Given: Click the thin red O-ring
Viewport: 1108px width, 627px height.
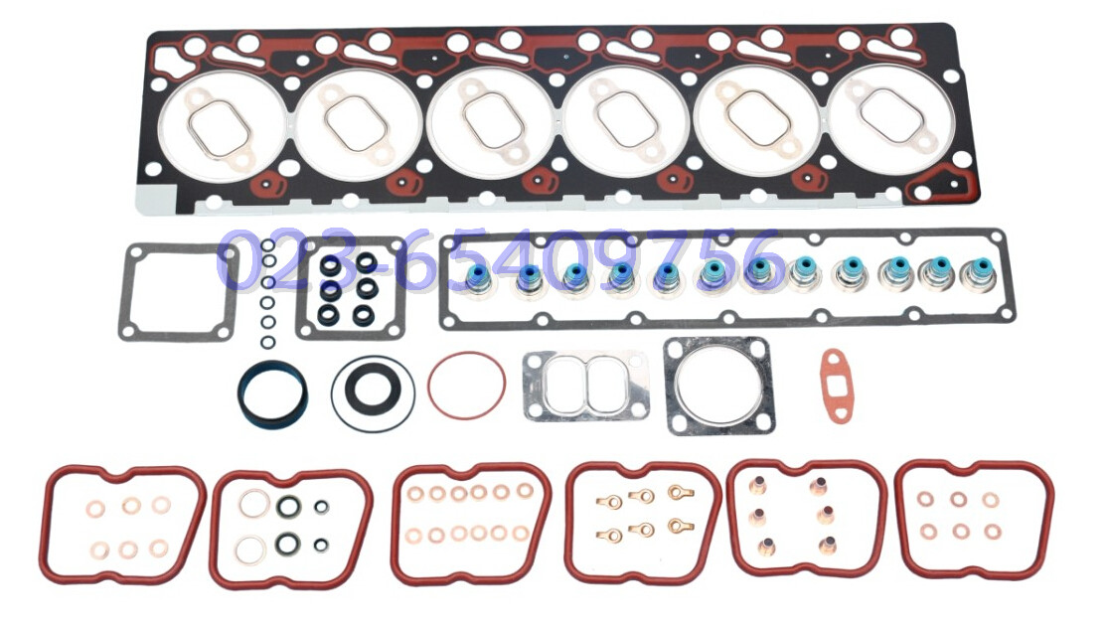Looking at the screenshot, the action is (428, 386).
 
